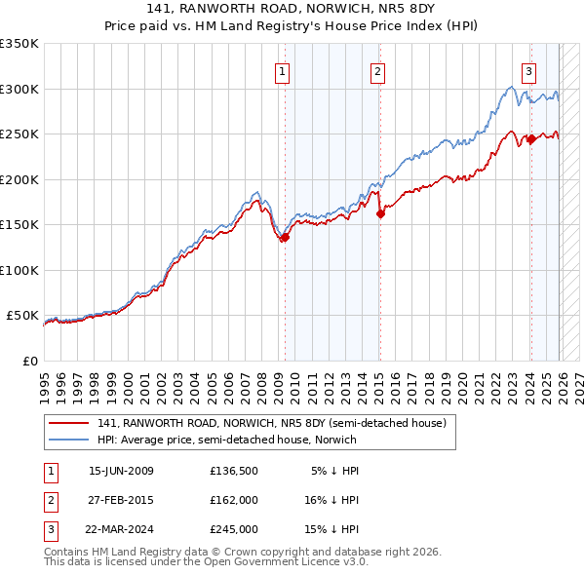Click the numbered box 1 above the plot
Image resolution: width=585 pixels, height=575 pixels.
(x=282, y=70)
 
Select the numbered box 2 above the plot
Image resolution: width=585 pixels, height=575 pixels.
(x=377, y=70)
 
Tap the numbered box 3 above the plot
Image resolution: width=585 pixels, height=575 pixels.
(x=528, y=70)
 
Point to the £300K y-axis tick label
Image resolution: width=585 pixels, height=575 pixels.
(x=19, y=89)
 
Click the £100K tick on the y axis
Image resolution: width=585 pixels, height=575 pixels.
(x=19, y=270)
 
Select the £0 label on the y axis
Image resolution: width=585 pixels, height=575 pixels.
(x=28, y=361)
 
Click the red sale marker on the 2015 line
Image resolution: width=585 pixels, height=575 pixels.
(x=380, y=214)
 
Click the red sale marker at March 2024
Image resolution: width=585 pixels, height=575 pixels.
(x=531, y=139)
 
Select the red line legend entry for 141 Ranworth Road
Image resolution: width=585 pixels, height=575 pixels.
(x=271, y=423)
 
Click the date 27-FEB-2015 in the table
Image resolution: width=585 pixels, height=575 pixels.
(x=121, y=500)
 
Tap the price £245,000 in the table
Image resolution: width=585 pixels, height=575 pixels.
(x=233, y=529)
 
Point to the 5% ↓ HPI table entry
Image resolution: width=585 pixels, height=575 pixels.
(x=335, y=471)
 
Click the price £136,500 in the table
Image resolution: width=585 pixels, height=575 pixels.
(x=233, y=471)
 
